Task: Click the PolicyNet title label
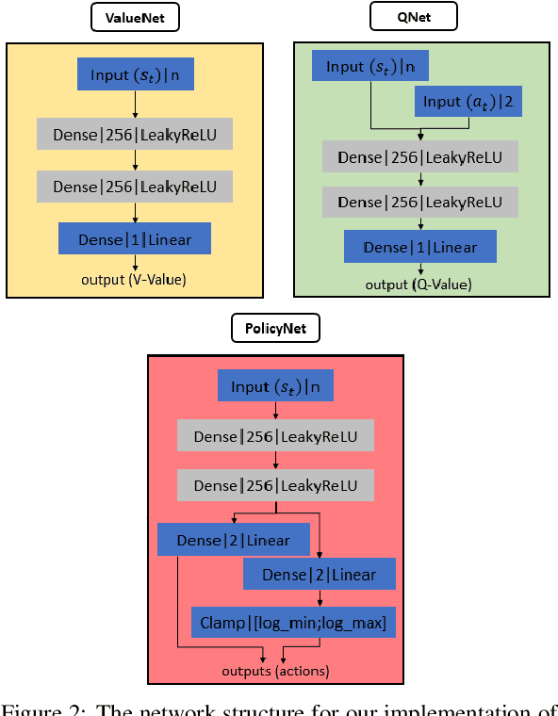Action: click(x=275, y=328)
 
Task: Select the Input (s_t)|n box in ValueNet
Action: click(x=135, y=74)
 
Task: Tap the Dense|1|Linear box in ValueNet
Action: click(x=134, y=238)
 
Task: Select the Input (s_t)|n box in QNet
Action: click(x=369, y=67)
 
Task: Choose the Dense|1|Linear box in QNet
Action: click(x=419, y=247)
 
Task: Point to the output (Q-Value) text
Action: click(x=419, y=285)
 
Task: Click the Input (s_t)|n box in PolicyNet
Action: click(x=275, y=386)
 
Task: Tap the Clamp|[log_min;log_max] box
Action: click(x=293, y=623)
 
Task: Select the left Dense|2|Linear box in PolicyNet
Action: click(x=234, y=541)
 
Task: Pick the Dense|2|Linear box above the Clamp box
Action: click(x=319, y=575)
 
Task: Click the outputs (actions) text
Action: click(x=275, y=671)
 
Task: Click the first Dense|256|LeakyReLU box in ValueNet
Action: click(x=135, y=135)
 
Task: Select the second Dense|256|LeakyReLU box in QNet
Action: click(x=419, y=202)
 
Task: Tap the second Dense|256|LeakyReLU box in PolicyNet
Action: click(x=275, y=485)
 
